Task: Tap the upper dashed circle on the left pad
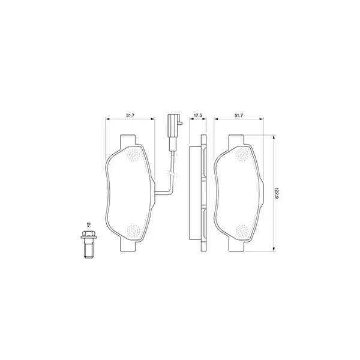(x=134, y=156)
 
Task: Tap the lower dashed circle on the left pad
(x=134, y=229)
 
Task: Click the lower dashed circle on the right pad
(x=242, y=230)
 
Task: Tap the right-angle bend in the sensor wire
(x=172, y=191)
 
